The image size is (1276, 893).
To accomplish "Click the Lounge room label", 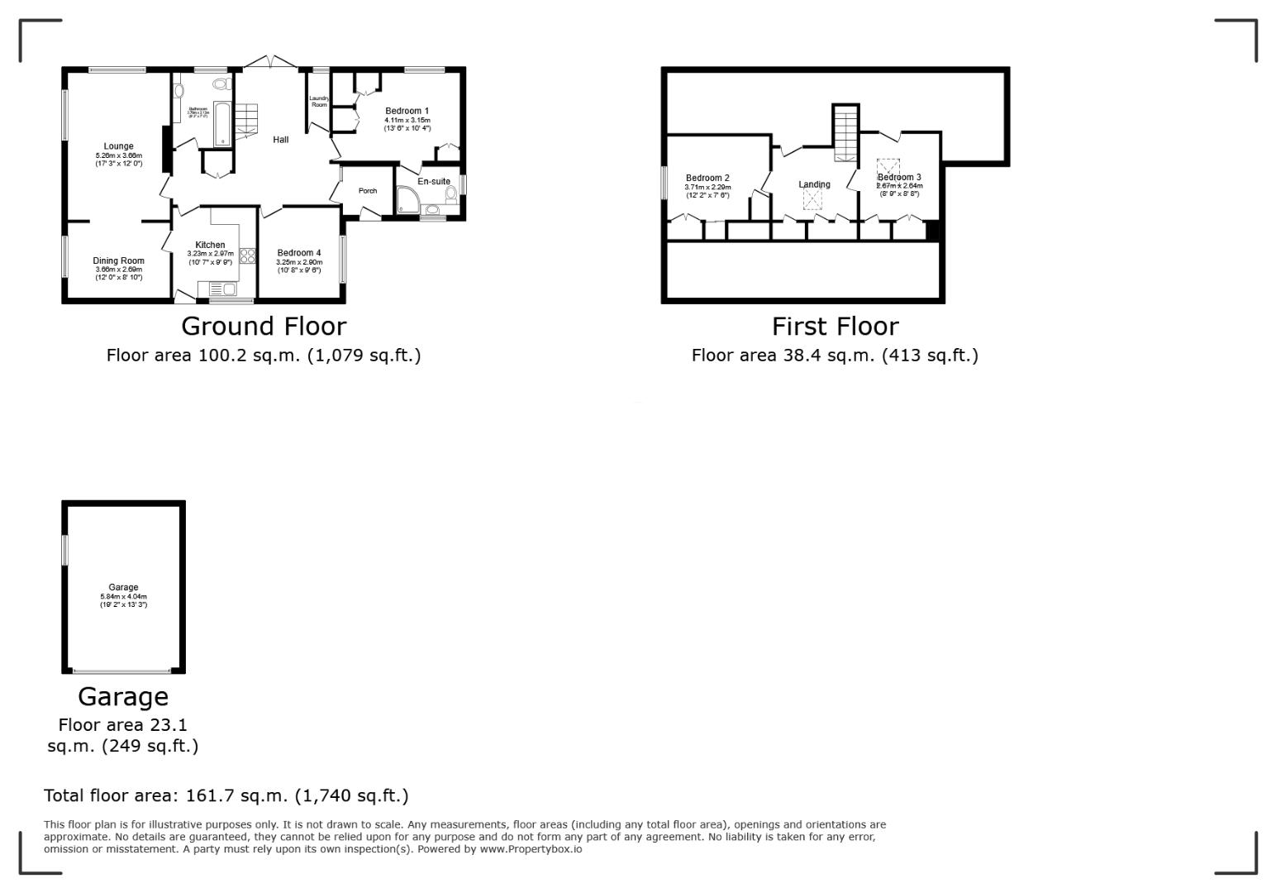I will [118, 146].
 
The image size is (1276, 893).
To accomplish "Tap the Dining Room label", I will [118, 260].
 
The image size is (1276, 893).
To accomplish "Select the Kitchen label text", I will [210, 245].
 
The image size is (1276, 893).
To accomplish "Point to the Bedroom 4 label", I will [298, 253].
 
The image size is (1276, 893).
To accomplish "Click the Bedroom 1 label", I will [407, 111].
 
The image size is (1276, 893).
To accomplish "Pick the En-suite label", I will [434, 181].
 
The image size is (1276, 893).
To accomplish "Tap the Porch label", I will [368, 191].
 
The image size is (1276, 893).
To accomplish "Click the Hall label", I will [281, 140].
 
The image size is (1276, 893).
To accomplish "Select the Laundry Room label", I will [319, 102].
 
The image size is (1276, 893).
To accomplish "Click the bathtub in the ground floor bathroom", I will [222, 123].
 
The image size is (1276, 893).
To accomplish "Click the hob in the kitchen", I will [247, 255].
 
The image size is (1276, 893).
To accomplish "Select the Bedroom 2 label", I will [707, 178].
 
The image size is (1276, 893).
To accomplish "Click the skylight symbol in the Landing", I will [813, 199].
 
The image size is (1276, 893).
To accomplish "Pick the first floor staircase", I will [845, 133].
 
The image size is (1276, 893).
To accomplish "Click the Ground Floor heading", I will [264, 326].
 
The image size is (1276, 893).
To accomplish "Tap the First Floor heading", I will [835, 326].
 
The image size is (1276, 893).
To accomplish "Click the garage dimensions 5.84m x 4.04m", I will [123, 596].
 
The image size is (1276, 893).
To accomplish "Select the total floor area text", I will [226, 795].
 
